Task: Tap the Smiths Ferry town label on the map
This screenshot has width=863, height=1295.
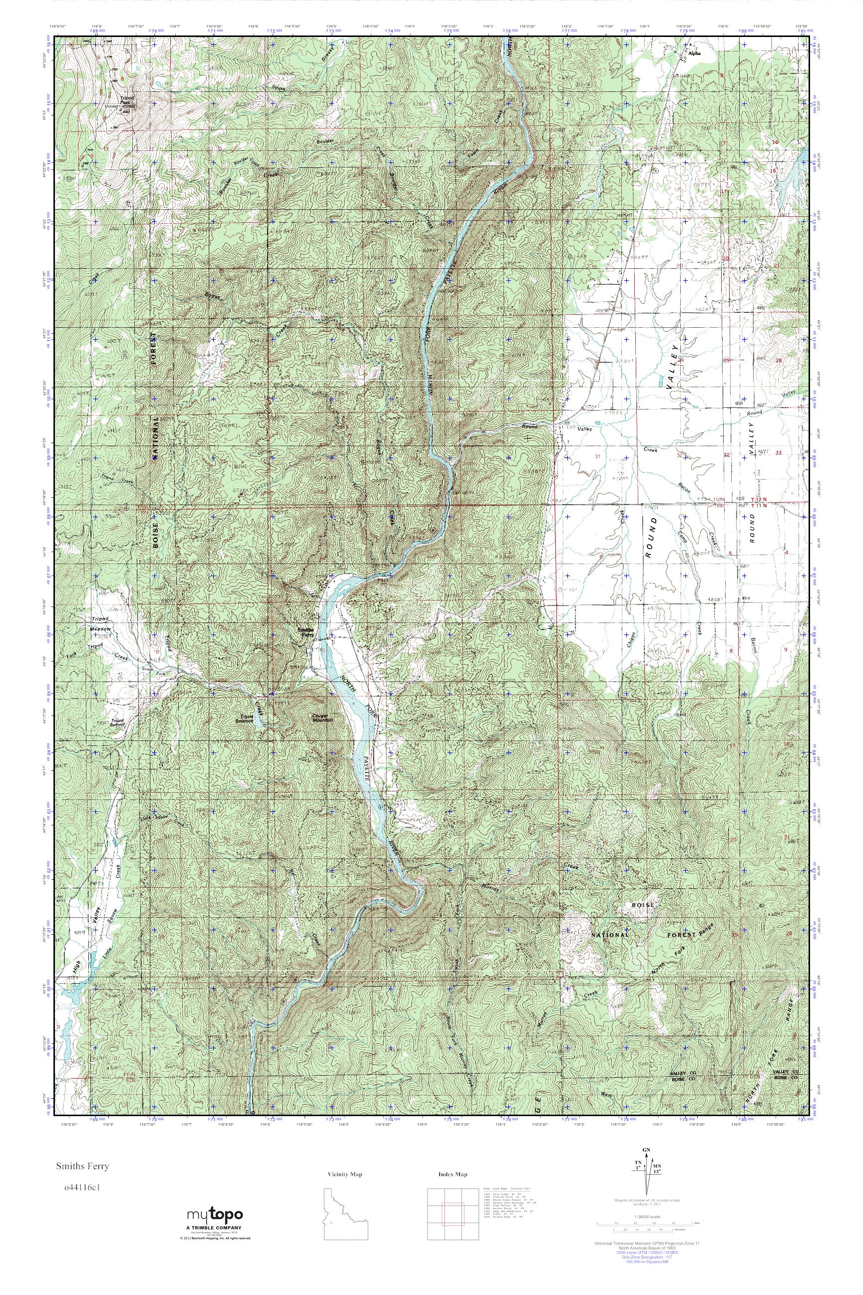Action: [x=306, y=632]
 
